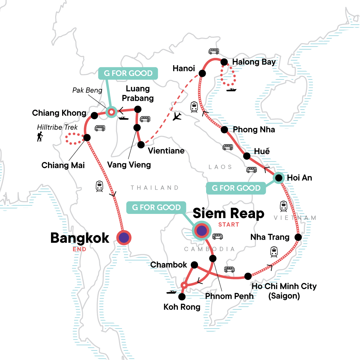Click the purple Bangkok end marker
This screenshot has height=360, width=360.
tap(124, 238)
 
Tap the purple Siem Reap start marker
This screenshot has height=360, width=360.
tap(202, 231)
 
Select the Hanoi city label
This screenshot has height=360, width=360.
tap(184, 68)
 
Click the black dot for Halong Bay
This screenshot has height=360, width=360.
tap(224, 62)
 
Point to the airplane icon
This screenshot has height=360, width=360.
tap(177, 116)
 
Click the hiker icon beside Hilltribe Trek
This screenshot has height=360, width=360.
tap(40, 137)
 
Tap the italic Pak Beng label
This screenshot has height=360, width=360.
tap(87, 90)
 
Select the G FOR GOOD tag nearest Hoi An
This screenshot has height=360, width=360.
tap(236, 188)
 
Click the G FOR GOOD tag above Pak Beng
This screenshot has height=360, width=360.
tap(128, 73)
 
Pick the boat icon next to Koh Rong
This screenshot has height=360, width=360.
tap(172, 292)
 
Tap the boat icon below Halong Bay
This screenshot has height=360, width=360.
tap(231, 89)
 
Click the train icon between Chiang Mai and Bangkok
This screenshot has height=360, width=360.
tap(99, 186)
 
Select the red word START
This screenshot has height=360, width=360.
tap(229, 225)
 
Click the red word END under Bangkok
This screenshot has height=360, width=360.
tap(79, 249)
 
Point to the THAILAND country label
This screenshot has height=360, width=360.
tap(154, 188)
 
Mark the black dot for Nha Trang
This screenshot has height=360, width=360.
tap(298, 237)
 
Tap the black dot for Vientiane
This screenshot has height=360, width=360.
tap(141, 145)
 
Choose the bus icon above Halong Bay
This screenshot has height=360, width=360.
tap(214, 51)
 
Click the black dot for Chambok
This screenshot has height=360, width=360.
tap(194, 265)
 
